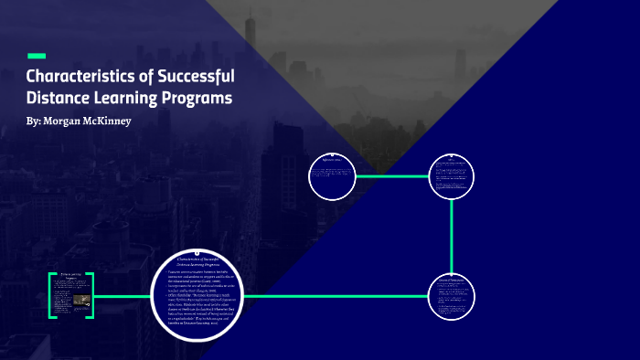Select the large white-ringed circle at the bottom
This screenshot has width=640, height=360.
203,296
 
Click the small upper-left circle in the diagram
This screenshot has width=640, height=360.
332,176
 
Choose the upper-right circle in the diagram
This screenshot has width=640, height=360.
453,175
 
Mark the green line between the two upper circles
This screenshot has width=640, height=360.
392,175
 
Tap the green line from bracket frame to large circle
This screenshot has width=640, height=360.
123,296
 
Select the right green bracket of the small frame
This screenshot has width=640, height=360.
92,295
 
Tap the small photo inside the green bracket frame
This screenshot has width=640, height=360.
81,299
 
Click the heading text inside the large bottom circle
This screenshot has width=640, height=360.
202,262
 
